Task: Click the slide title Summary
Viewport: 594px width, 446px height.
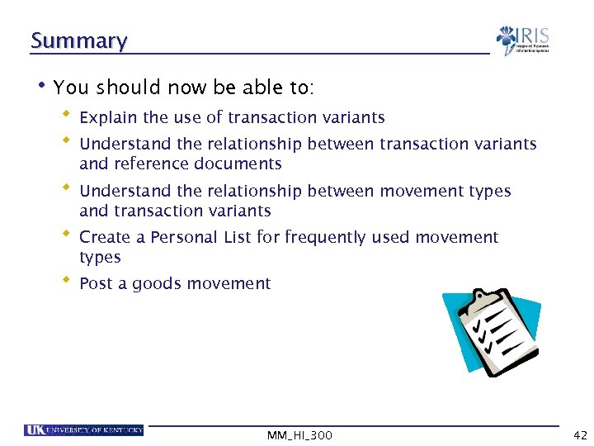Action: click(x=78, y=40)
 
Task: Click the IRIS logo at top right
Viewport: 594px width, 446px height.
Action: click(x=522, y=40)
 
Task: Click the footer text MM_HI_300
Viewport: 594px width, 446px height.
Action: click(x=300, y=435)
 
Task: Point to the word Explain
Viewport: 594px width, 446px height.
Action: click(x=108, y=118)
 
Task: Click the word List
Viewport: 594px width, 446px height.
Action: click(x=237, y=238)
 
